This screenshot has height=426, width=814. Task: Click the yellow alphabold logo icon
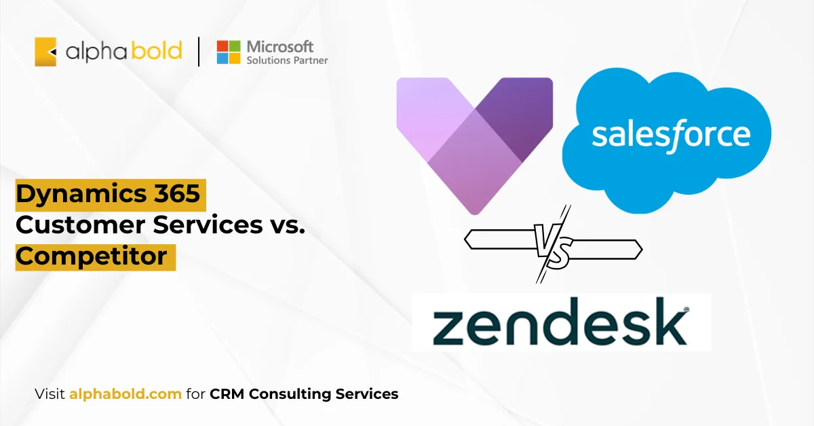click(x=45, y=52)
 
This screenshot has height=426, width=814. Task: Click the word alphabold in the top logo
click(x=123, y=52)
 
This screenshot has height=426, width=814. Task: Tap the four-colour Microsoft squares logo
click(x=229, y=52)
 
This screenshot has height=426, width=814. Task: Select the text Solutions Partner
click(x=287, y=60)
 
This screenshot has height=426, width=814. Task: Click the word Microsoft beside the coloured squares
click(x=280, y=46)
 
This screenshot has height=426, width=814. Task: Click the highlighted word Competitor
click(x=92, y=256)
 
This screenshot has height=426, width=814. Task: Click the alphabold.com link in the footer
click(x=125, y=393)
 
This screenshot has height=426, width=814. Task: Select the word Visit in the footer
click(x=50, y=393)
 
